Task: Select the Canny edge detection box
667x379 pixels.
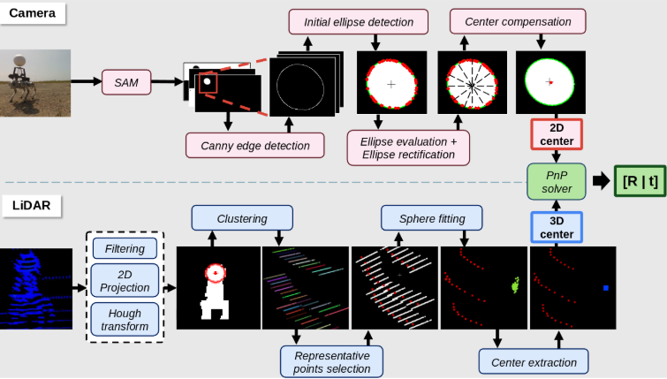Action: pyautogui.click(x=254, y=145)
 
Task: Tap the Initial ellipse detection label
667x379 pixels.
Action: pyautogui.click(x=358, y=21)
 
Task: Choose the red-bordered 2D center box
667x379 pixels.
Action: pyautogui.click(x=556, y=133)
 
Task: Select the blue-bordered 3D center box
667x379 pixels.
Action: pyautogui.click(x=556, y=227)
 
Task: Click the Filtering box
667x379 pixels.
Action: pyautogui.click(x=124, y=249)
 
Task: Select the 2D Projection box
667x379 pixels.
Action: pyautogui.click(x=124, y=281)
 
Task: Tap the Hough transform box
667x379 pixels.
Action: pyautogui.click(x=124, y=319)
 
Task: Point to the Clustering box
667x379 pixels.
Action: pyautogui.click(x=241, y=217)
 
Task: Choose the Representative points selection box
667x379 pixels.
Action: pyautogui.click(x=332, y=361)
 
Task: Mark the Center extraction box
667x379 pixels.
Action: pyautogui.click(x=533, y=362)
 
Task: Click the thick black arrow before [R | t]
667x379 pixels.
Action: pyautogui.click(x=601, y=182)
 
